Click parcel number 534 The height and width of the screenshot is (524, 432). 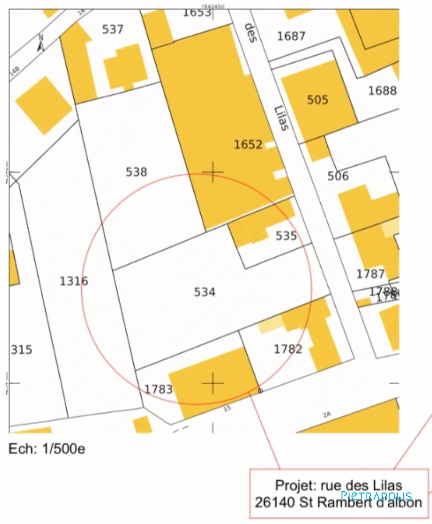pyautogui.click(x=205, y=292)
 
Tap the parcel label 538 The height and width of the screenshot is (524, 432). pyautogui.click(x=137, y=172)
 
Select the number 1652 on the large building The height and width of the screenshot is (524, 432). pyautogui.click(x=248, y=144)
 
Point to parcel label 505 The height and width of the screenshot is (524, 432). pyautogui.click(x=318, y=99)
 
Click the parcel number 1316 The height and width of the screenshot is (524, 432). pyautogui.click(x=74, y=281)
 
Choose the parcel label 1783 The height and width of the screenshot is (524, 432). pyautogui.click(x=159, y=389)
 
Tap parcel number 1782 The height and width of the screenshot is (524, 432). pyautogui.click(x=288, y=349)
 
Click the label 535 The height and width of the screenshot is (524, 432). pyautogui.click(x=286, y=236)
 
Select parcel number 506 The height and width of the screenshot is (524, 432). pyautogui.click(x=338, y=176)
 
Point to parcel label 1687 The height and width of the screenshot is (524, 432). pyautogui.click(x=291, y=36)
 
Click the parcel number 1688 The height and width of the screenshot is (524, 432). pyautogui.click(x=382, y=91)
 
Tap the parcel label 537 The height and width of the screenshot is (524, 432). pyautogui.click(x=113, y=29)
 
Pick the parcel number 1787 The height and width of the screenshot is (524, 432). pyautogui.click(x=370, y=274)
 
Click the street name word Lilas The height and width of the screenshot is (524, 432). pyautogui.click(x=282, y=118)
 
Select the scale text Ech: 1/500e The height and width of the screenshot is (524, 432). pyautogui.click(x=47, y=449)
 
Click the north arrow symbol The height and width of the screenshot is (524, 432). pyautogui.click(x=40, y=43)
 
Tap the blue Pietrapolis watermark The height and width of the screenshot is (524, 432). pyautogui.click(x=376, y=496)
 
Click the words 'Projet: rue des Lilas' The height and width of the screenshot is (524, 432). pyautogui.click(x=338, y=485)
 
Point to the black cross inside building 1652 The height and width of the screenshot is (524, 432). pyautogui.click(x=213, y=172)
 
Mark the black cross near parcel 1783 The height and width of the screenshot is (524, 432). pyautogui.click(x=213, y=383)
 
